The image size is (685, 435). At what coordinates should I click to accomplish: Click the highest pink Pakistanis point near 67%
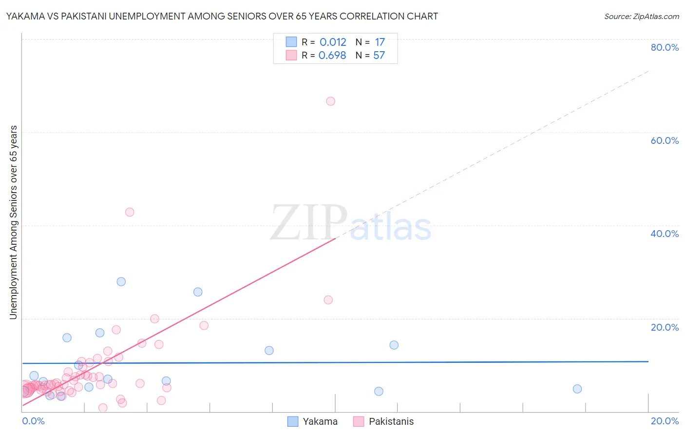pos(331,101)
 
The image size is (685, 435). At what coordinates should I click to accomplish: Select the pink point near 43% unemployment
pos(130,212)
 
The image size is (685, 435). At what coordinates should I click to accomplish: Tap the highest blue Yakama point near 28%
pos(121,282)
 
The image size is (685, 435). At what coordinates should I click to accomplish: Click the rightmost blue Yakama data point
pos(577,389)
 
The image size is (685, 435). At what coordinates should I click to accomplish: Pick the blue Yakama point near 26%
pos(198,292)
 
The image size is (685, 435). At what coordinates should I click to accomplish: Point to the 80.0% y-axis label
pos(665,47)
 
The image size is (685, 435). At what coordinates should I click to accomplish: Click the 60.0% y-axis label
pos(665,140)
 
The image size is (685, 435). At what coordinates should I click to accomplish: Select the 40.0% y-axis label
pos(665,234)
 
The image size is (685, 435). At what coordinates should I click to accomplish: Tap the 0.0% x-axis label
pos(33,421)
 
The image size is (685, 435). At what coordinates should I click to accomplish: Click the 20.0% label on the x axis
pos(665,421)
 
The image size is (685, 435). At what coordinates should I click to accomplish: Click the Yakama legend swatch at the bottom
pos(293,422)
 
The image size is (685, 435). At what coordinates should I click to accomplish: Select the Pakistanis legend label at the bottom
pos(391,422)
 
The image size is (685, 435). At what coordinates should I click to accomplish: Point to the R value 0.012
pos(333,42)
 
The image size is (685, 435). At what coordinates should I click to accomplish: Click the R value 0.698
pos(332,56)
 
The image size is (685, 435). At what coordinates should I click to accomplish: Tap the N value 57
pos(379,56)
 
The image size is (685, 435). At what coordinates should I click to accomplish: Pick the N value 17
pos(380,42)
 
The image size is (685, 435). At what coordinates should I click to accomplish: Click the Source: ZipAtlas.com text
pos(641,17)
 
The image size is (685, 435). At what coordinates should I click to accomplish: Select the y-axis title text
pos(14,222)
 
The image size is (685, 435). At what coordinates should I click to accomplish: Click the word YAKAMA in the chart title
pos(25,17)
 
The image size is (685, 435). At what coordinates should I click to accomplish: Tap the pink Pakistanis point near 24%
pos(328,300)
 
